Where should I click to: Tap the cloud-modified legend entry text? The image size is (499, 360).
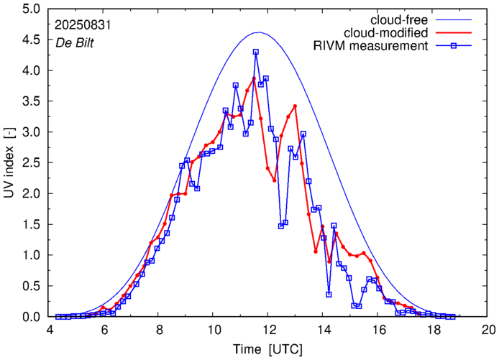[x=388, y=33]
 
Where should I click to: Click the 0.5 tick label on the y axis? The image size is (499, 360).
[x=32, y=286]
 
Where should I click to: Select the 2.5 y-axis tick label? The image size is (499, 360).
[x=32, y=163]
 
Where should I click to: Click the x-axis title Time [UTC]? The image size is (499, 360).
[x=267, y=349]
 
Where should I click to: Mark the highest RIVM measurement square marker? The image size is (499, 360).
[x=255, y=52]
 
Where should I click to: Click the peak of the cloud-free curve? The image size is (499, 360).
[x=260, y=32]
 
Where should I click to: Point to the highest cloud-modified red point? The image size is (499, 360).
[x=254, y=78]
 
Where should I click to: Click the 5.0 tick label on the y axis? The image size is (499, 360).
[x=32, y=10]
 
